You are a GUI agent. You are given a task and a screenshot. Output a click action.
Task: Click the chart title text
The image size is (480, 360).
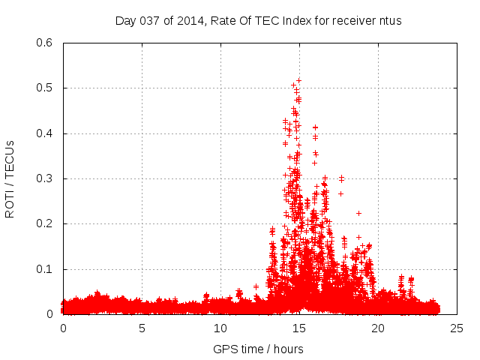pos(258,21)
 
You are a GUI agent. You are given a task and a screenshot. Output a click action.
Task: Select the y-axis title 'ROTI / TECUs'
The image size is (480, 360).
pos(10,178)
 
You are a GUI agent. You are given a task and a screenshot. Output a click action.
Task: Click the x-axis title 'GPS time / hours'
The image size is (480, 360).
pos(258,349)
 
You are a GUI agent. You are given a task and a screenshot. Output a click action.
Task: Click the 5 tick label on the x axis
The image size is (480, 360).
pos(142,328)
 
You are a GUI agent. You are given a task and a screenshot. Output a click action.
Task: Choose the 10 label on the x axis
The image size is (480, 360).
pos(220,328)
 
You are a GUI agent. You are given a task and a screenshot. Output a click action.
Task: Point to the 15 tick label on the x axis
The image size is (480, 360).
pos(299,328)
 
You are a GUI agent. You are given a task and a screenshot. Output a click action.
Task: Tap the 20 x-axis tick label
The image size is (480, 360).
pos(378,328)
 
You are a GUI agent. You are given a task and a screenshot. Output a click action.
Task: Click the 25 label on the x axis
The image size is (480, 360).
pos(457,328)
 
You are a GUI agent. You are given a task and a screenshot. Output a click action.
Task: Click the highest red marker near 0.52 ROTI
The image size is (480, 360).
pos(298,79)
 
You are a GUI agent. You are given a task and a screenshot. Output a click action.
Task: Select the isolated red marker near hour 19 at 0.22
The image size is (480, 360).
pos(358,213)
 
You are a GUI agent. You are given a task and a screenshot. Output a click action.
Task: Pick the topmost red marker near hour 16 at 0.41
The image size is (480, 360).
pos(315,127)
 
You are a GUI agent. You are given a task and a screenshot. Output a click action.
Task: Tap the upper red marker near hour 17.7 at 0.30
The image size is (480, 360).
pos(341,178)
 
